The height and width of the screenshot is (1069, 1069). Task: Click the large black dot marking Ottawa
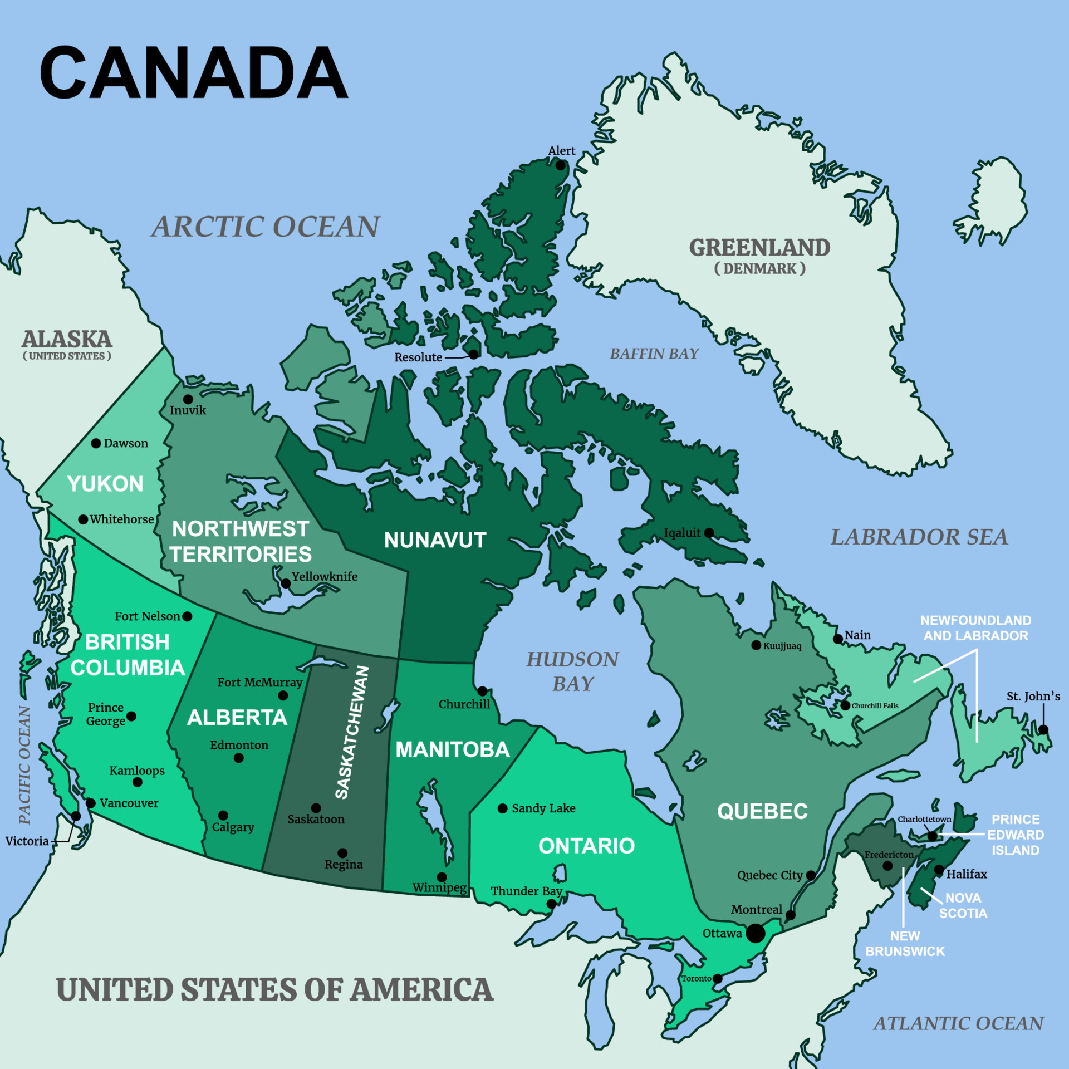(755, 934)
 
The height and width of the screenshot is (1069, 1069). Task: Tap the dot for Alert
(561, 165)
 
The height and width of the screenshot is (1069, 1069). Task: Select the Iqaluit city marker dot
(709, 533)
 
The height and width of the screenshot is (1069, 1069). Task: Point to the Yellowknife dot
(286, 583)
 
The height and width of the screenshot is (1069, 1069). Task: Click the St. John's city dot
(1043, 729)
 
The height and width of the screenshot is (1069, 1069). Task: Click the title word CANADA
(193, 73)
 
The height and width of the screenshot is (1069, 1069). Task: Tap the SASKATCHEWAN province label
(352, 732)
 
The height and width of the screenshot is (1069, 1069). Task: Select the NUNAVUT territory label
(435, 540)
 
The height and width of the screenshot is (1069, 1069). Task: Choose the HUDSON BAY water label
(573, 671)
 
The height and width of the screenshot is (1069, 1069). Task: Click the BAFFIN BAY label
(654, 354)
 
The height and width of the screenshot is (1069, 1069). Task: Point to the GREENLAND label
(759, 248)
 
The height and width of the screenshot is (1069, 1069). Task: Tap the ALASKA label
(67, 339)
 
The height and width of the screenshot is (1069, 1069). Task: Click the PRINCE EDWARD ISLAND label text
(1016, 835)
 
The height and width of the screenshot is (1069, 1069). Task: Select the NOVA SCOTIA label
(963, 905)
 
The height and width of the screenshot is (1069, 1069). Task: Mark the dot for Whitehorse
(83, 519)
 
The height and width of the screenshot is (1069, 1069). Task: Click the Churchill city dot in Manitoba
(482, 691)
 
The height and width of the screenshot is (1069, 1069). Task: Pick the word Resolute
(418, 357)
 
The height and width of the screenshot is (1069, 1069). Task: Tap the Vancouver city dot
(91, 803)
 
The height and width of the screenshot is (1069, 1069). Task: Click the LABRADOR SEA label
(919, 537)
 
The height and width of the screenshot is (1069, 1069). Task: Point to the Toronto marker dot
(718, 979)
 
